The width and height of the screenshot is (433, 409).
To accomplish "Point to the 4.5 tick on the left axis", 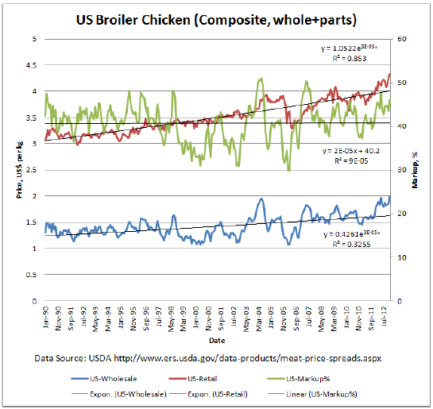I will [32, 65].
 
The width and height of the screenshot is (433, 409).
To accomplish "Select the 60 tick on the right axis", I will [402, 39].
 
